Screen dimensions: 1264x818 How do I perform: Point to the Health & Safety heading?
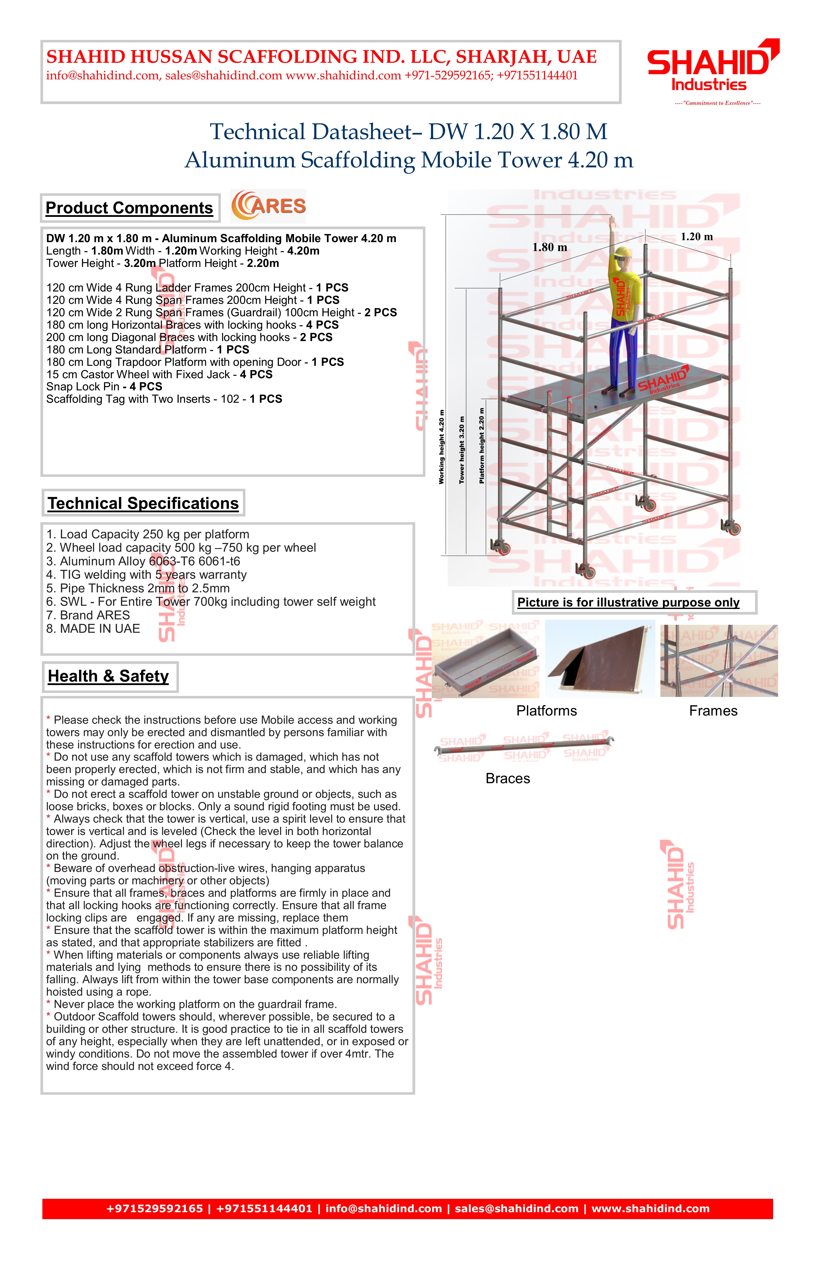point(108,676)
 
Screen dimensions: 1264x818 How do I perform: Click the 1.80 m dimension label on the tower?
point(550,248)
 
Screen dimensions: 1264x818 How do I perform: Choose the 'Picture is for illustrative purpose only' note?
point(628,602)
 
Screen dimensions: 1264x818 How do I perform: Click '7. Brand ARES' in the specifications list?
point(88,615)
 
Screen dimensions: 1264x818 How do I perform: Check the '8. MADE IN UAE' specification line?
point(93,629)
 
